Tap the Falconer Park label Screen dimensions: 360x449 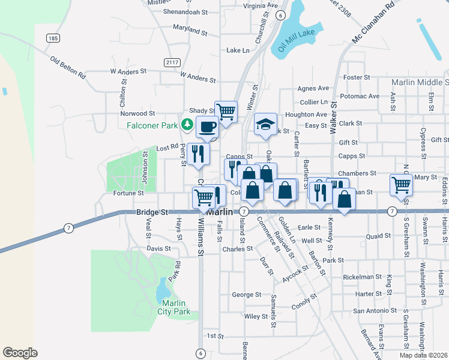pyautogui.click(x=154, y=125)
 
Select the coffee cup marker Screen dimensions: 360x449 pyautogui.click(x=207, y=127)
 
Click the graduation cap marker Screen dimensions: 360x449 pyautogui.click(x=265, y=124)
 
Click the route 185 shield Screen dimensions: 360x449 pyautogui.click(x=53, y=38)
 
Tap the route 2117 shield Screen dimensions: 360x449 pyautogui.click(x=172, y=62)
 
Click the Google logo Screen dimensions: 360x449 pyautogui.click(x=20, y=353)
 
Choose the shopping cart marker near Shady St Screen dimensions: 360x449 pyautogui.click(x=226, y=112)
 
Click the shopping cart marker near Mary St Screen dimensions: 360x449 pyautogui.click(x=400, y=185)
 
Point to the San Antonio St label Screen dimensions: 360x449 pyautogui.click(x=376, y=311)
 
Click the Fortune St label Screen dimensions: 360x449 pyautogui.click(x=128, y=193)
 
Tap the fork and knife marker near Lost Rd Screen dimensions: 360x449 pyautogui.click(x=198, y=154)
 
